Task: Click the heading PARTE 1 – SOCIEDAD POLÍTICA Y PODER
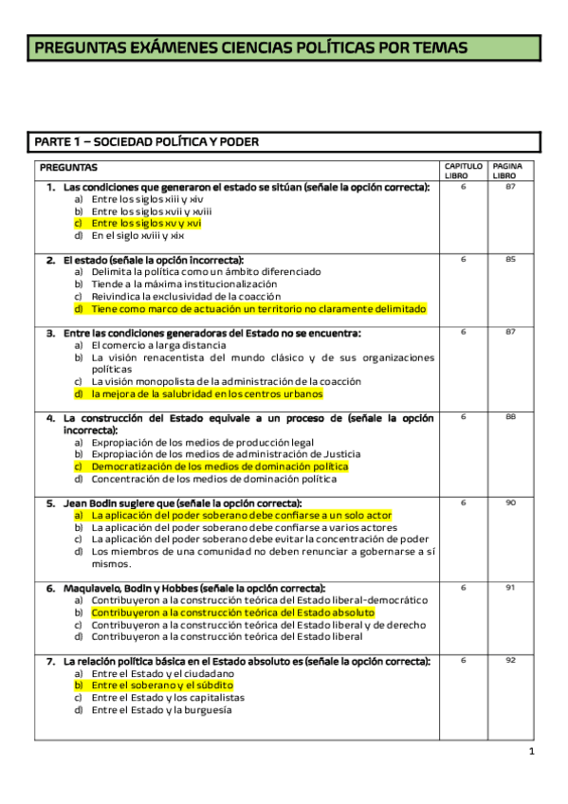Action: (147, 142)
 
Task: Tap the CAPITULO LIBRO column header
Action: (463, 171)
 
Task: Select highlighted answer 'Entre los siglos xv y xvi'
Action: (146, 224)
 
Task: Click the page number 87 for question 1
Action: (510, 187)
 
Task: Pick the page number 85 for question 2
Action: (510, 259)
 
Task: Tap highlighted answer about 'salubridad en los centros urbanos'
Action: (207, 393)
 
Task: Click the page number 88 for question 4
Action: (510, 417)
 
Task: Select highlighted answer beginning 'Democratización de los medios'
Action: (219, 466)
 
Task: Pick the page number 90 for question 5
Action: (510, 502)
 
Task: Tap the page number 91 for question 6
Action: (510, 588)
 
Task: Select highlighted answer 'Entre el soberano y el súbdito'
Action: (162, 685)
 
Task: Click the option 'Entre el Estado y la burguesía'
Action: (161, 709)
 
